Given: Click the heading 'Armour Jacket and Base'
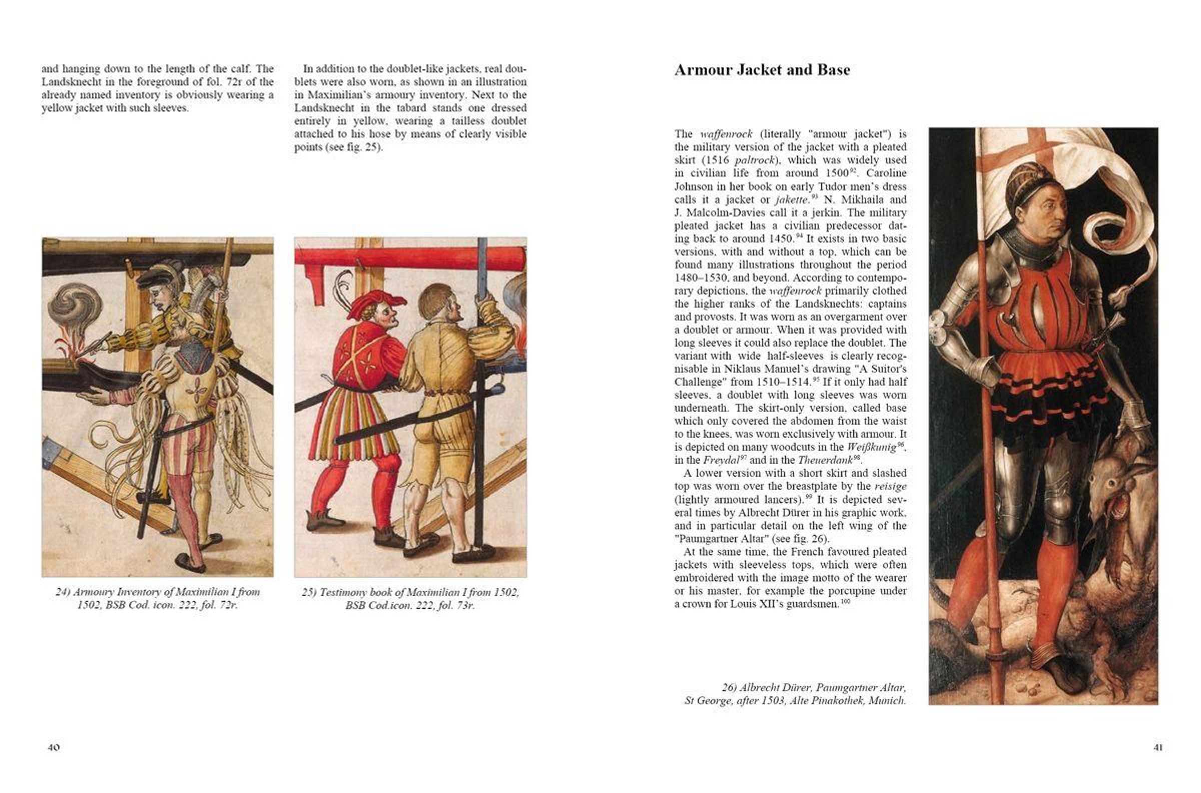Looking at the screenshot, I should [x=762, y=70].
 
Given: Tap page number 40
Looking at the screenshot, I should [x=54, y=747].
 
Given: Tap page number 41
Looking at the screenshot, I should [x=1158, y=747].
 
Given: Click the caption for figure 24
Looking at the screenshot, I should [x=158, y=598].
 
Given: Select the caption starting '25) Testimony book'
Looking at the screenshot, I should [x=410, y=598].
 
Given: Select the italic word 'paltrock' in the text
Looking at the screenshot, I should [x=754, y=160].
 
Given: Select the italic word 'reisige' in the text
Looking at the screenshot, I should [x=890, y=487].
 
